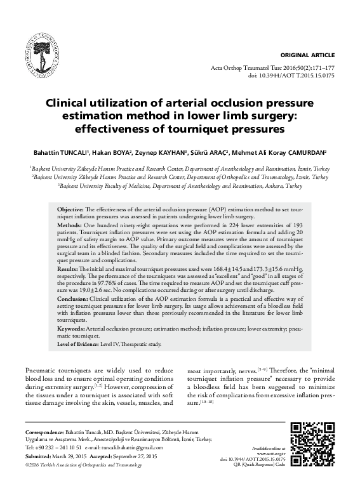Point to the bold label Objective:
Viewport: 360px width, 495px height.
pyautogui.click(x=70, y=209)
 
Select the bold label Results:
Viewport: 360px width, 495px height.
pyautogui.click(x=68, y=270)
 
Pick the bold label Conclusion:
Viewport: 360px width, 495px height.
pyautogui.click(x=73, y=298)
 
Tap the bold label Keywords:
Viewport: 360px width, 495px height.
pyautogui.click(x=72, y=329)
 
